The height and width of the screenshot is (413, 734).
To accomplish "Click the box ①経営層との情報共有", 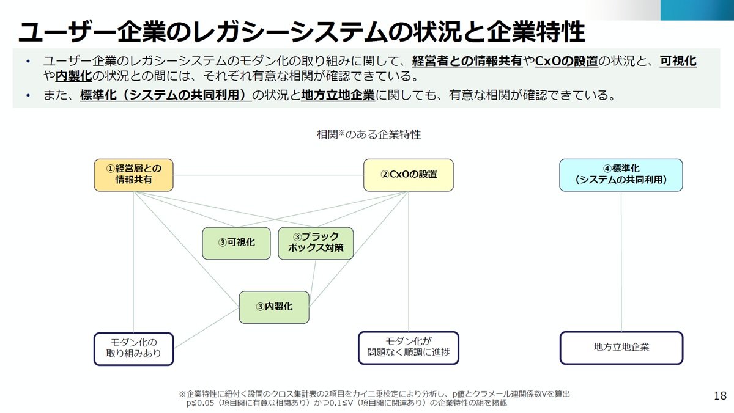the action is [x=134, y=175].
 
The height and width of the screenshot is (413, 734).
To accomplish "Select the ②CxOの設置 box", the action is [x=409, y=175].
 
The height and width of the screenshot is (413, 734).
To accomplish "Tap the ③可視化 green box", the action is [x=236, y=244].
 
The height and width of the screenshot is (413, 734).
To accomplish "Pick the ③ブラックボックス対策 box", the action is [x=316, y=244].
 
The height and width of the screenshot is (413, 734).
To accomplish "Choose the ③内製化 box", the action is [x=274, y=307].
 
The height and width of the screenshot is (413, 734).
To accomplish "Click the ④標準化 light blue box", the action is [x=621, y=175].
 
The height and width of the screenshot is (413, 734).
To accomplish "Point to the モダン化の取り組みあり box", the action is [x=134, y=349].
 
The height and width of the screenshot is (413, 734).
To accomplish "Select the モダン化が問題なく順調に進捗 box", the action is [x=409, y=348].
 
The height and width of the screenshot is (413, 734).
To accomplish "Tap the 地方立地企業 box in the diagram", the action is [x=621, y=348].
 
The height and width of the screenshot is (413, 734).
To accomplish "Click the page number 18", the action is [x=721, y=396].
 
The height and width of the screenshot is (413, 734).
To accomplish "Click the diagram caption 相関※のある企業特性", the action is [x=369, y=134].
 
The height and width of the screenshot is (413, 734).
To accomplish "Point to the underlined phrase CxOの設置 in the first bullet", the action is [x=566, y=61].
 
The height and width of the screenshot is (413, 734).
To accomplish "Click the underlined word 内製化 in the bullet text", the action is [x=74, y=76].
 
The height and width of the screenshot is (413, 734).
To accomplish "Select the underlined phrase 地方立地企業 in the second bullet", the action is [x=338, y=95].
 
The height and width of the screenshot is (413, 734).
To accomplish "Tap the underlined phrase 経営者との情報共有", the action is [x=467, y=61].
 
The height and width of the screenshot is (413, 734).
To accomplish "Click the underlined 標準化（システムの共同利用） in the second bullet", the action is [x=166, y=95].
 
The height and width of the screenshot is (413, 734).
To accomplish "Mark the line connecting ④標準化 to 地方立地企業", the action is [x=621, y=261].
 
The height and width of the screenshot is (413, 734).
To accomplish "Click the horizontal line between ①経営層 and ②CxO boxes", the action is [x=269, y=175].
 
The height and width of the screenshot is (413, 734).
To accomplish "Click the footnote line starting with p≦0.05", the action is [x=346, y=403].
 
